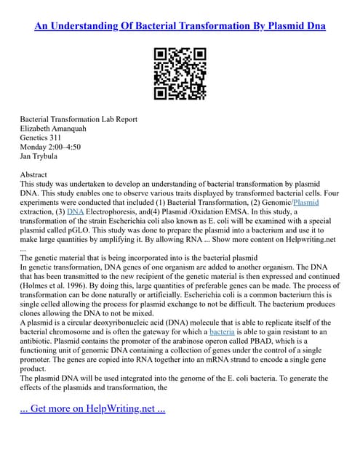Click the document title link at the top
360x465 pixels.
[180, 26]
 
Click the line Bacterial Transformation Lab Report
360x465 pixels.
[79, 119]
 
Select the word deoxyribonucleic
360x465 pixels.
[130, 322]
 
